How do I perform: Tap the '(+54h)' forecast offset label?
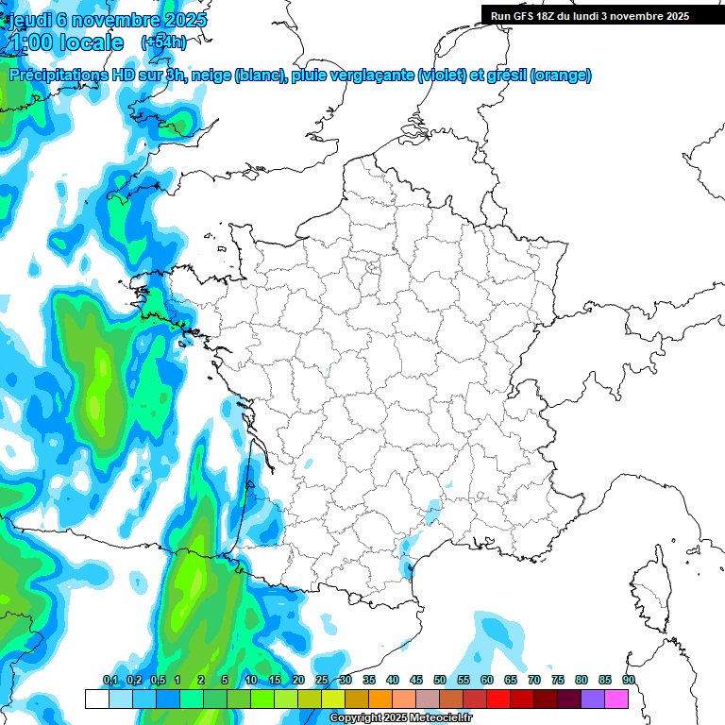(x=163, y=42)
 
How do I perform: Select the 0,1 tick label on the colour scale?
(x=110, y=681)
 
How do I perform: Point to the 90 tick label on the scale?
(x=629, y=681)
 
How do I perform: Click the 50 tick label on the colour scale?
(x=440, y=681)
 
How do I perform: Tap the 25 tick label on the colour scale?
(x=322, y=681)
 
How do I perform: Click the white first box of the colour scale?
(x=96, y=700)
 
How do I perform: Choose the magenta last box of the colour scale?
(x=616, y=700)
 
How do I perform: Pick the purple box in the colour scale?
(x=593, y=700)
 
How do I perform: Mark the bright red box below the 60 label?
(x=498, y=700)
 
